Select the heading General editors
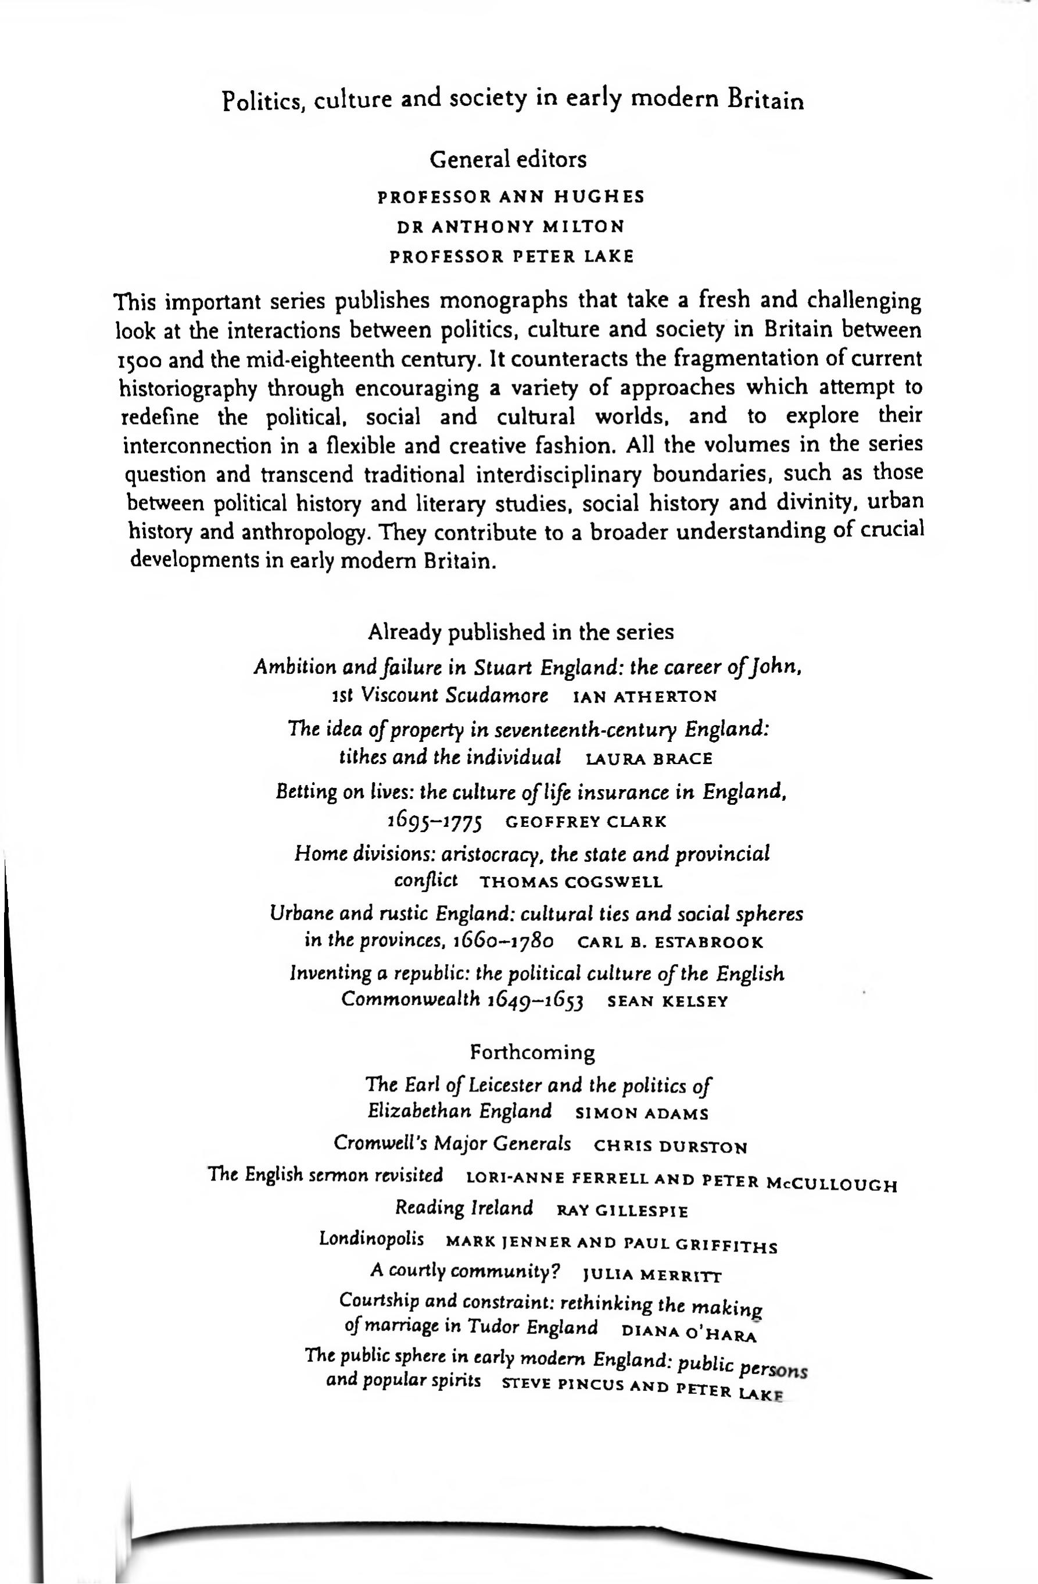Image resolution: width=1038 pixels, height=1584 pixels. click(509, 160)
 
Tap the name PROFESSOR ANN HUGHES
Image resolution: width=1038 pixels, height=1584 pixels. click(511, 197)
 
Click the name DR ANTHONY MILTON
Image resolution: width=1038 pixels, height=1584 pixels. click(510, 227)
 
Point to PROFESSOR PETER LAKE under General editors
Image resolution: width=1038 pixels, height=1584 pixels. click(511, 257)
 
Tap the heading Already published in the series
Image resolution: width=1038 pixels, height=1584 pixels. click(520, 632)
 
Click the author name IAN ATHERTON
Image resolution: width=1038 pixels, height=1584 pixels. click(645, 697)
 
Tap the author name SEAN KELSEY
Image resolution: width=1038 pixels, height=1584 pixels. click(668, 1003)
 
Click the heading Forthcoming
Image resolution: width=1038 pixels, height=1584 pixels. click(532, 1053)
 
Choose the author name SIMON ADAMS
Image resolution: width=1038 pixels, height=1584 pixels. click(642, 1114)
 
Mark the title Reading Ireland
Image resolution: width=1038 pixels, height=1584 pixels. click(464, 1208)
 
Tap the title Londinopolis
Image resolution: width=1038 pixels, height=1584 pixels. click(371, 1239)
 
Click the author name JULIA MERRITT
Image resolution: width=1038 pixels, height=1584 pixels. click(652, 1276)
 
